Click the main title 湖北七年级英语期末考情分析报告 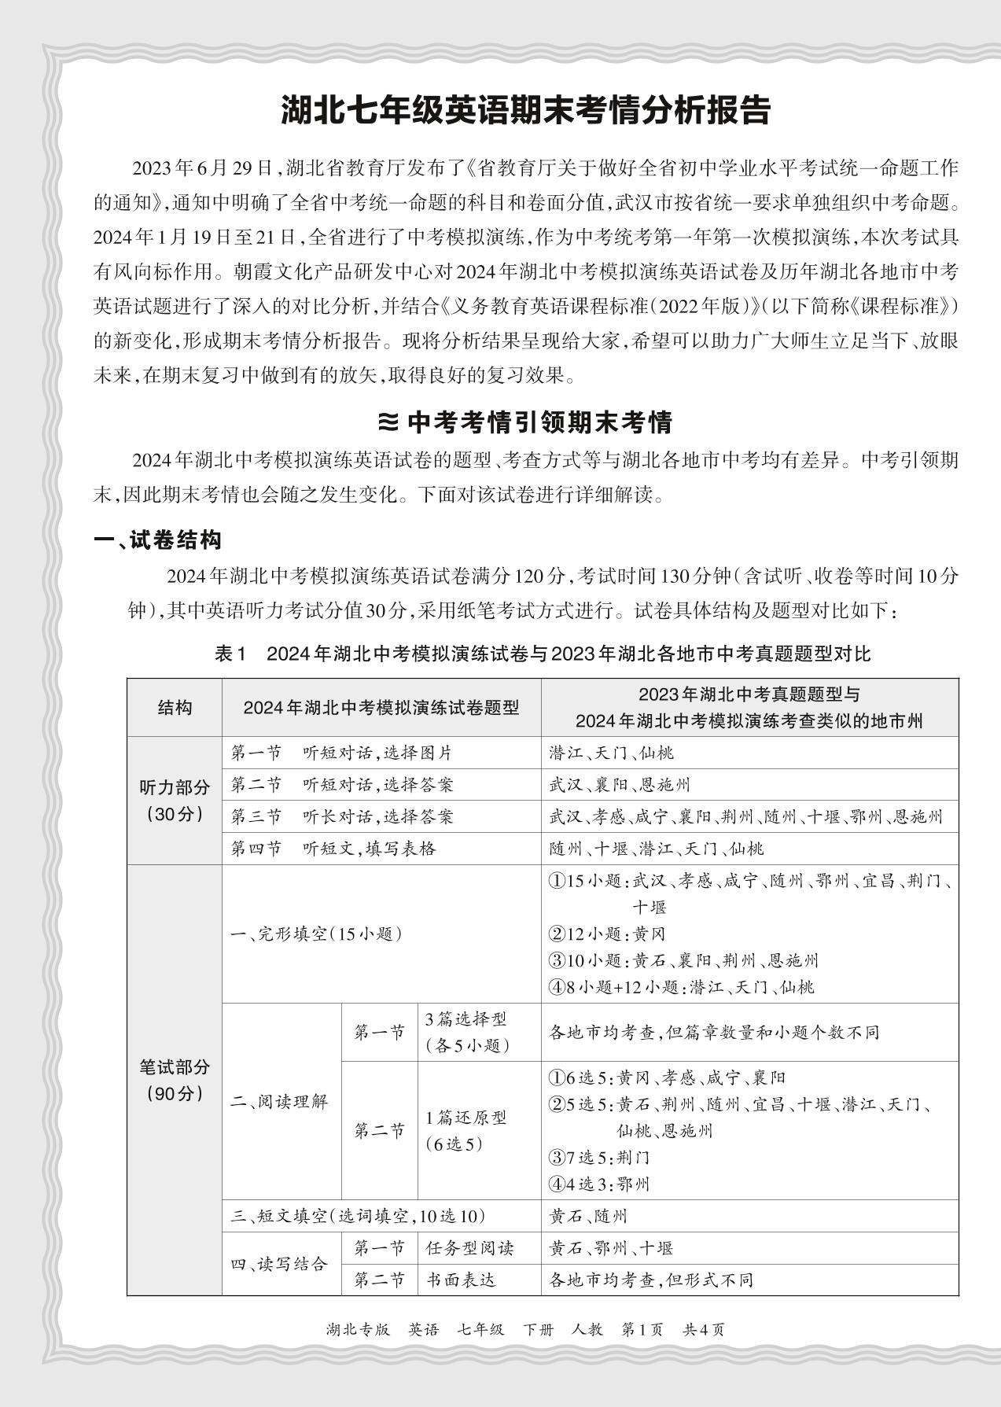(x=525, y=111)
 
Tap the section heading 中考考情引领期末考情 (x=525, y=422)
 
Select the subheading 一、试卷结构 (x=157, y=540)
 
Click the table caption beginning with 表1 (x=543, y=654)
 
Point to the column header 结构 (x=175, y=707)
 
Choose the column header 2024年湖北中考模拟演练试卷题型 (x=381, y=707)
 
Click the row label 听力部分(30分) (x=175, y=801)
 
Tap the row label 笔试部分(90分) (x=175, y=1080)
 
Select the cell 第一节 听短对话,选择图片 (x=342, y=753)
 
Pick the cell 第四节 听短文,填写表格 (x=333, y=849)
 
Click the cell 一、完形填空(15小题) (x=316, y=934)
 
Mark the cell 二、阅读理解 (x=279, y=1101)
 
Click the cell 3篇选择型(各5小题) (x=467, y=1032)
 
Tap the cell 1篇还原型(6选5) (x=466, y=1130)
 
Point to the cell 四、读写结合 (x=279, y=1264)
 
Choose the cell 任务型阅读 (x=469, y=1248)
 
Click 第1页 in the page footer (x=642, y=1329)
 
